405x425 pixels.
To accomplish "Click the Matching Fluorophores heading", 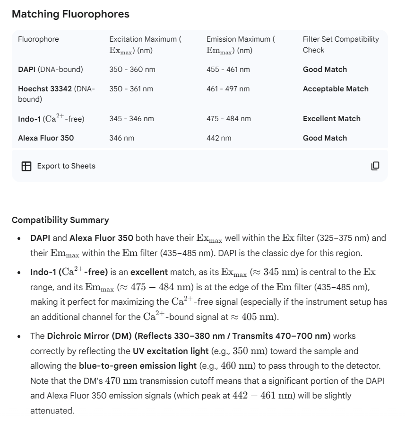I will click(x=70, y=14).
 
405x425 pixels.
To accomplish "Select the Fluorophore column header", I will click(x=38, y=39).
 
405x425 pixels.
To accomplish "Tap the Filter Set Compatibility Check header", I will click(x=340, y=44).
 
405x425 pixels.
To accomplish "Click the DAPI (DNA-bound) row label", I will click(x=50, y=70).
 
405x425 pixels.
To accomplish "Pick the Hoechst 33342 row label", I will click(x=56, y=94).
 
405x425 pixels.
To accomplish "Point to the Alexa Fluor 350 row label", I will click(x=46, y=138).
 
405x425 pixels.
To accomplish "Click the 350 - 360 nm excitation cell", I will click(x=132, y=70).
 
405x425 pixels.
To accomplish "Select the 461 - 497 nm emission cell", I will click(x=228, y=89).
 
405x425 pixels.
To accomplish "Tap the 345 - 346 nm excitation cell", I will click(x=131, y=119).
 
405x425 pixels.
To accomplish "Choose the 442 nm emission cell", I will click(x=219, y=138).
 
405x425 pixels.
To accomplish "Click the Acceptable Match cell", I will click(x=336, y=89).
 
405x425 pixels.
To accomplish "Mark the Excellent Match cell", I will click(x=331, y=119).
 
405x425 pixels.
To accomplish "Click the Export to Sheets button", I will click(x=66, y=166).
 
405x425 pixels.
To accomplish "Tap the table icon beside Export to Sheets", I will click(x=26, y=166).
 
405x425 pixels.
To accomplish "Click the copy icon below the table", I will click(x=375, y=166).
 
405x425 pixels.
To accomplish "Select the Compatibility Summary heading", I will click(x=60, y=220).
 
